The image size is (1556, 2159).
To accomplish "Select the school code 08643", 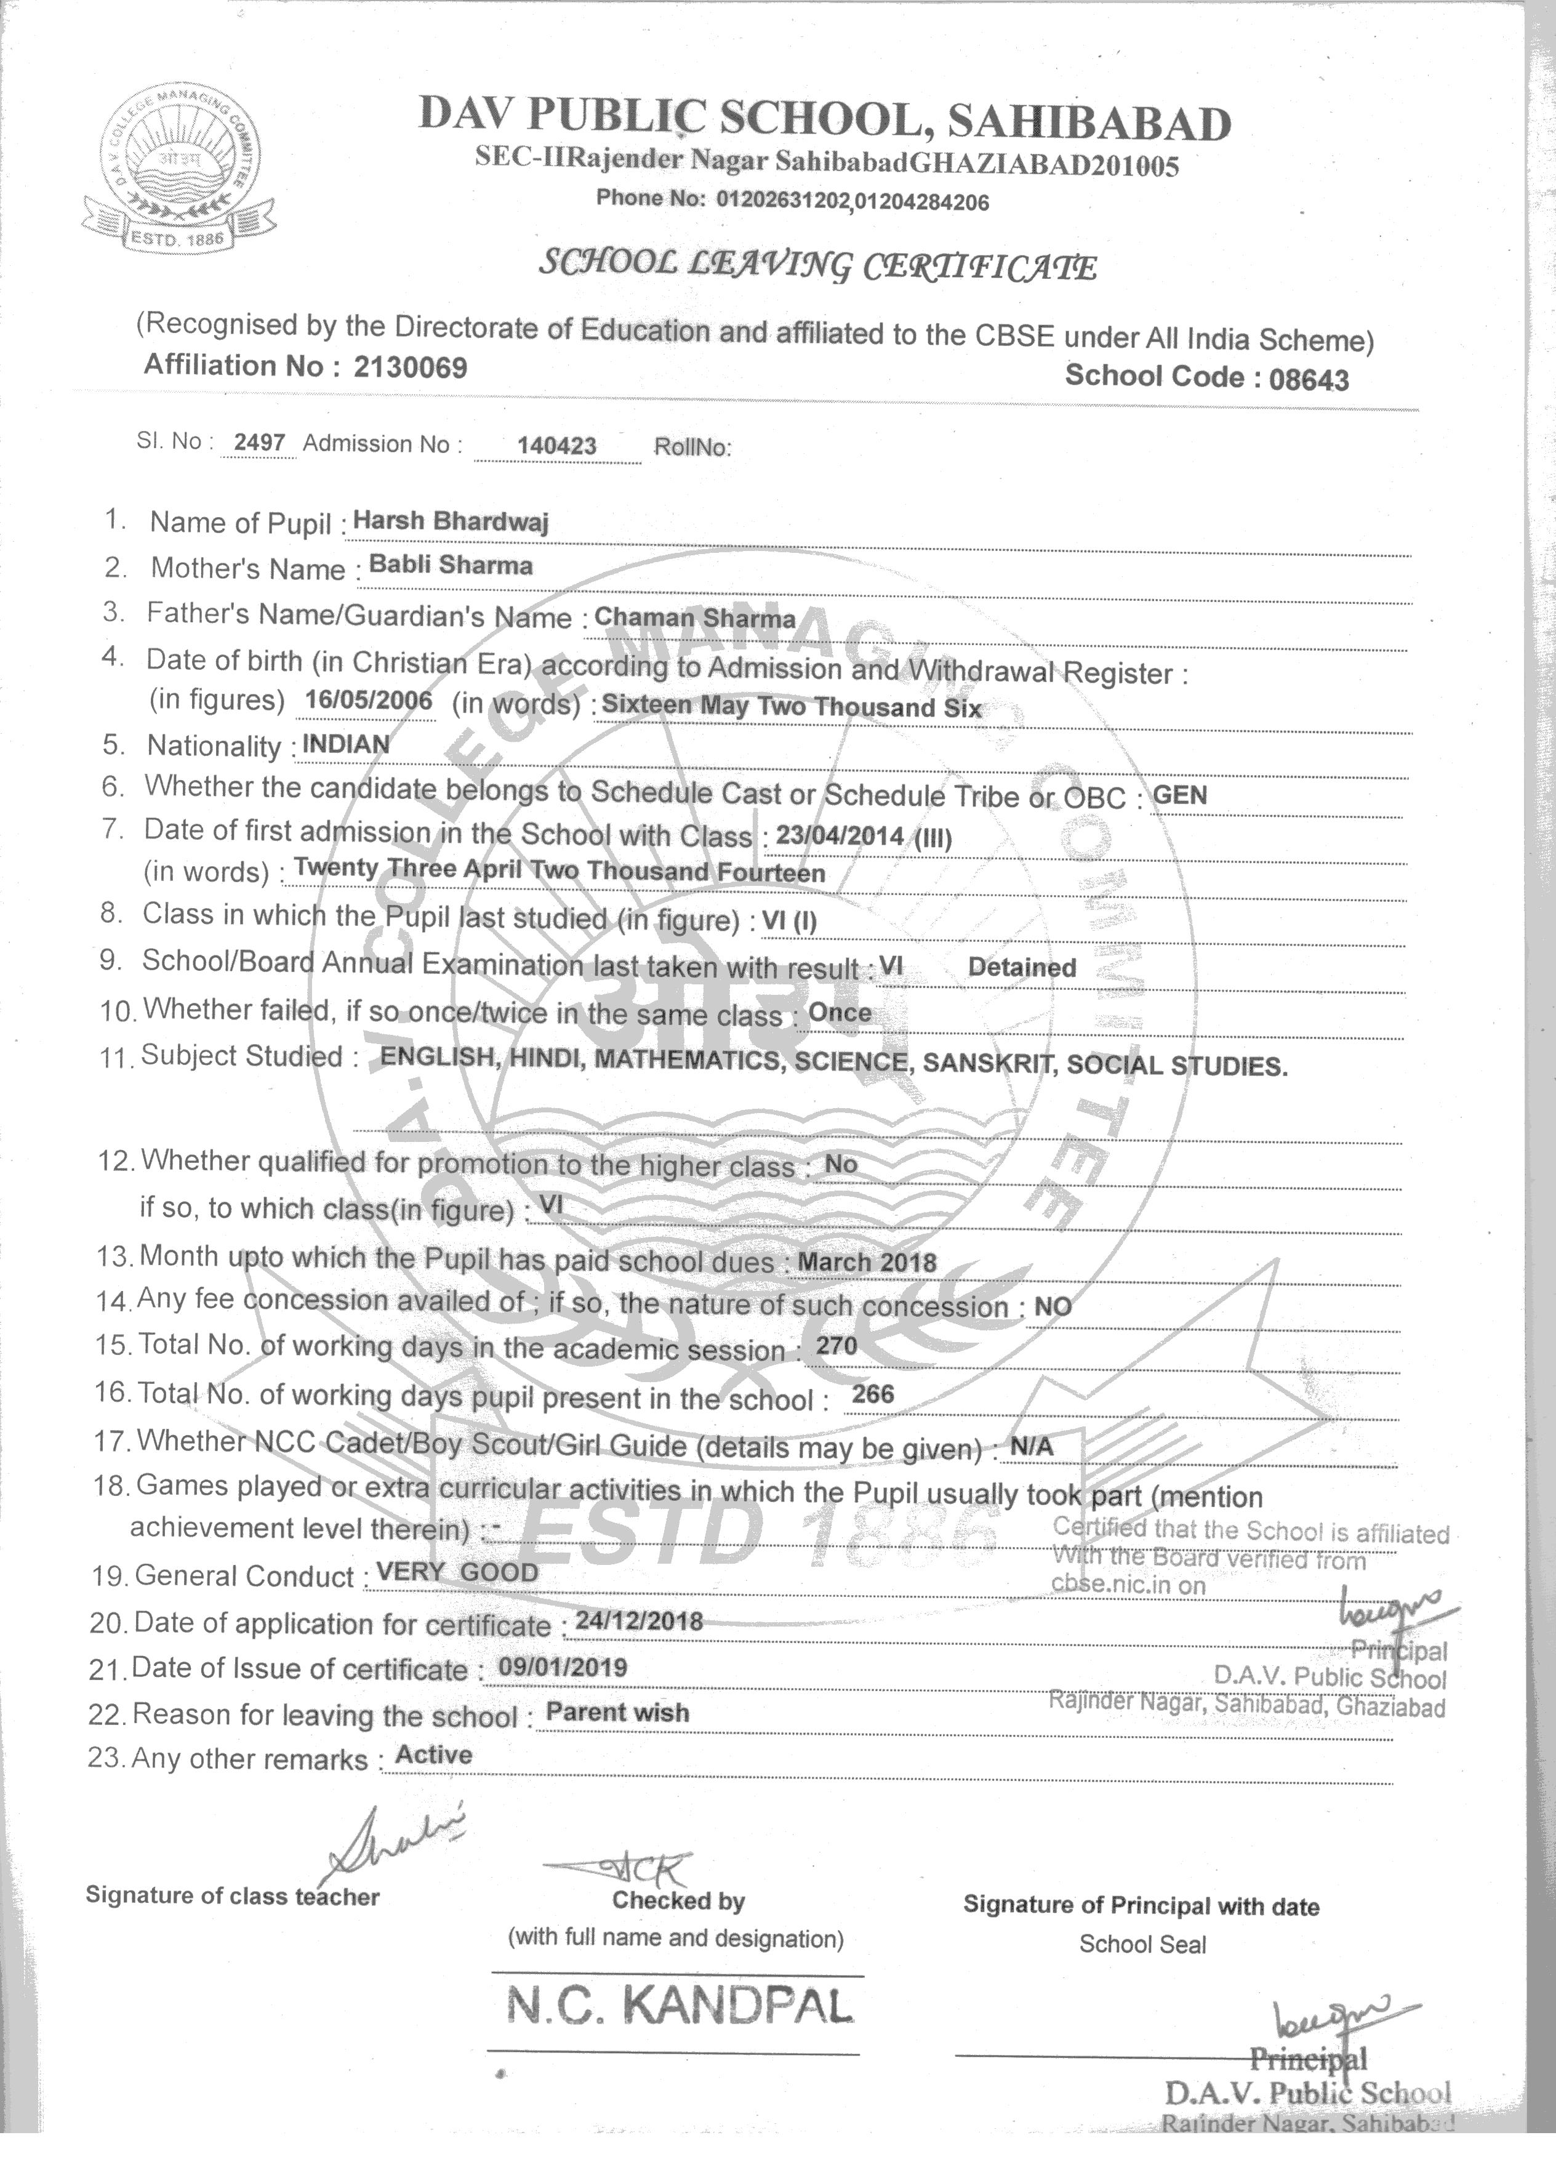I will pos(1309,379).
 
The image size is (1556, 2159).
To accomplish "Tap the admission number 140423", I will pos(557,446).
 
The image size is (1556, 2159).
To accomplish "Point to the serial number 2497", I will pos(260,443).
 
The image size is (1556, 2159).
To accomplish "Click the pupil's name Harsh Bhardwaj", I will pos(450,521).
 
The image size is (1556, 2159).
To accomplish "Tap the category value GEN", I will pos(1179,794).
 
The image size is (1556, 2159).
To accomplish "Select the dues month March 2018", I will pos(866,1262).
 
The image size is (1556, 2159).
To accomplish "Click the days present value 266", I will pos(873,1394).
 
